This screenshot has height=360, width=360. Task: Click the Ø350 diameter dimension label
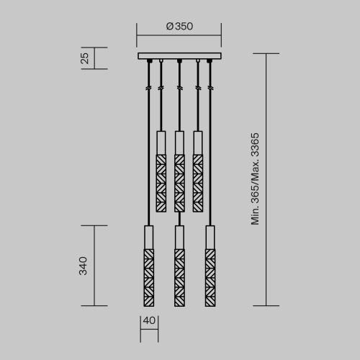click(x=179, y=27)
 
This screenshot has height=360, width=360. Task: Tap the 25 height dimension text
click(x=85, y=58)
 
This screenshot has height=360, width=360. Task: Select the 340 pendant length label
click(x=84, y=266)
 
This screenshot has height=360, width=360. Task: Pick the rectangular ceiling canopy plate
click(x=179, y=56)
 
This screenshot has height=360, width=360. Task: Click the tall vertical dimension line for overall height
click(x=267, y=180)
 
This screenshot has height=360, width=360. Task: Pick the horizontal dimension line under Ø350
click(x=179, y=34)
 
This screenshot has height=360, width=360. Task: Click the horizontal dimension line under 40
click(x=148, y=329)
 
